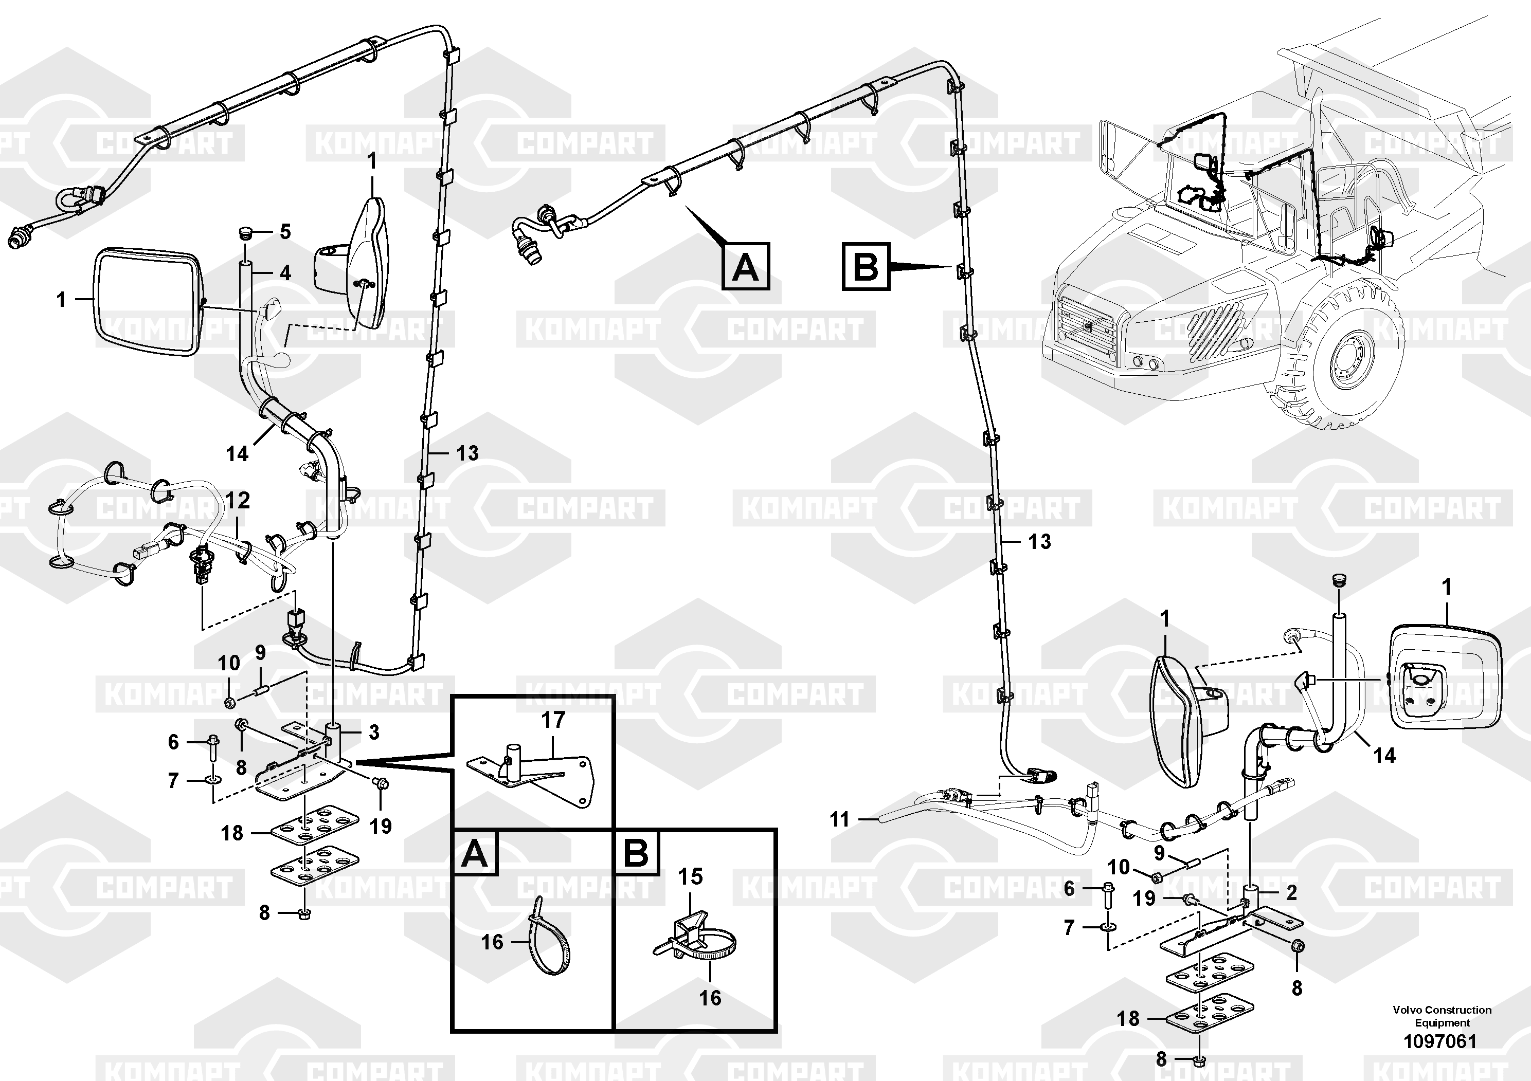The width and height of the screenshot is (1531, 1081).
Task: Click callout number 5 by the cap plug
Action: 285,232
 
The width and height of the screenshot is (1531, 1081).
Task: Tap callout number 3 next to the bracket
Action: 374,732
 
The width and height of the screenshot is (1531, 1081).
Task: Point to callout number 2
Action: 1291,892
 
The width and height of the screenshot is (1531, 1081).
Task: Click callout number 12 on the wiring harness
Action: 238,500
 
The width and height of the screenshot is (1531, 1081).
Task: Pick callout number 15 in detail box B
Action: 691,876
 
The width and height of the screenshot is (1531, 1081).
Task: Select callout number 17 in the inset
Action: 553,720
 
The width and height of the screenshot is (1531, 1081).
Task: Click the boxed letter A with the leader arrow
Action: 746,267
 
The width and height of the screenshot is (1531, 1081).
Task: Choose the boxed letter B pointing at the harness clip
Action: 866,267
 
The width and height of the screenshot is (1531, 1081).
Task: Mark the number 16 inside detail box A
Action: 492,942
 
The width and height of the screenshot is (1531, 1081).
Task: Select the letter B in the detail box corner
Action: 636,854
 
